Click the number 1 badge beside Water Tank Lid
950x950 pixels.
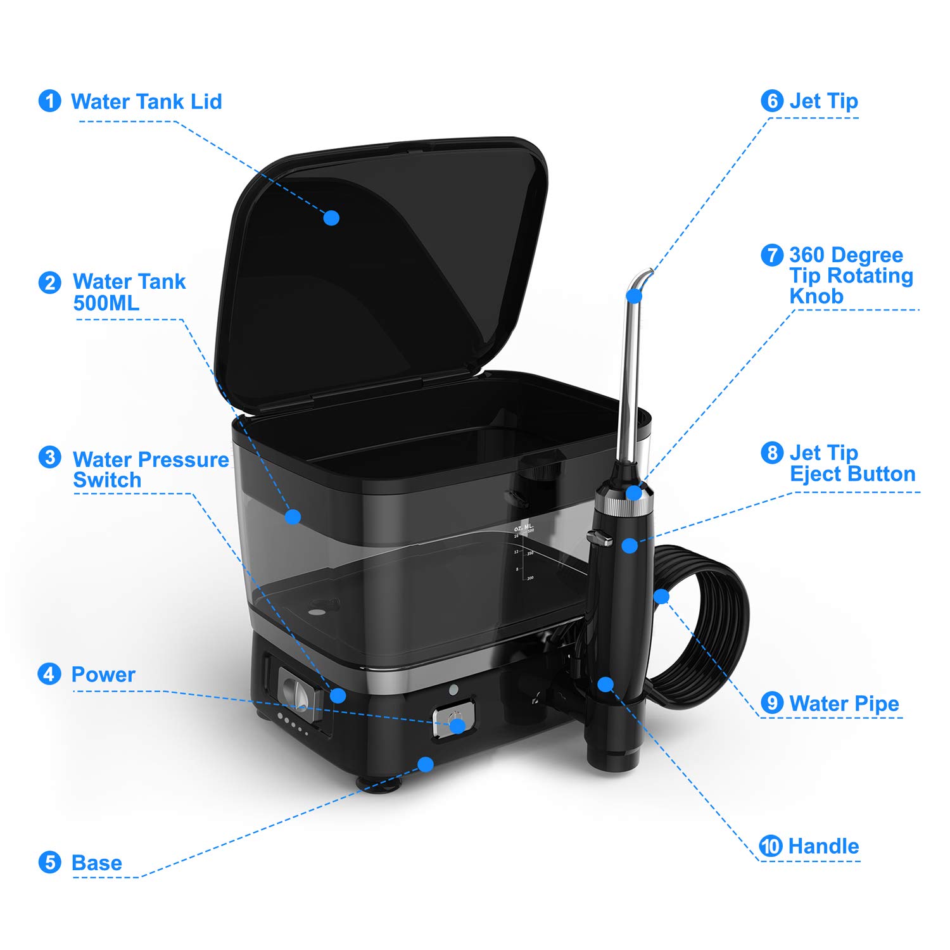(x=49, y=101)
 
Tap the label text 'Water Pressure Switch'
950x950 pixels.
(x=151, y=469)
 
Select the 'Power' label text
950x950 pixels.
(x=103, y=674)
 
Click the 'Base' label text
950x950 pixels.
(x=97, y=863)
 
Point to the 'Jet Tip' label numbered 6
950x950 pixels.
(x=823, y=101)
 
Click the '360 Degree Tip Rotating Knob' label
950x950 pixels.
(x=851, y=275)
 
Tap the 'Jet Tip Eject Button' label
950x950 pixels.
(x=852, y=464)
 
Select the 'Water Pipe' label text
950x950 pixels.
(x=844, y=704)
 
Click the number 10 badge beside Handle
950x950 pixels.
(x=771, y=846)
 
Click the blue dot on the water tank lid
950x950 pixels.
(x=331, y=218)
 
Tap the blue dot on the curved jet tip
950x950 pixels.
(x=634, y=296)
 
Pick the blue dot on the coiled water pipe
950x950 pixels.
(x=661, y=596)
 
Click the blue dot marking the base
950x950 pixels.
(x=426, y=764)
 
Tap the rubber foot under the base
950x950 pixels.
(x=381, y=785)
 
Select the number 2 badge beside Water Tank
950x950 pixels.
(x=49, y=282)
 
